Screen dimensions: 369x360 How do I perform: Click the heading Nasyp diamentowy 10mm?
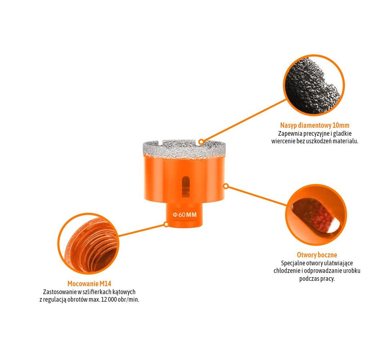pos(315,125)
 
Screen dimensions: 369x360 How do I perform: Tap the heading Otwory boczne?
pos(317,255)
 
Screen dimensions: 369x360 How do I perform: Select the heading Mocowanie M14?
pos(89,284)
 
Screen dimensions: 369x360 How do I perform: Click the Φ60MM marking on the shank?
pos(184,215)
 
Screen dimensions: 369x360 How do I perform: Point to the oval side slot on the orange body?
pos(186,186)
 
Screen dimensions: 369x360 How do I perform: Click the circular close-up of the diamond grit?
pos(314,85)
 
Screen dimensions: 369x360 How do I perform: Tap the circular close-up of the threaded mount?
pos(88,244)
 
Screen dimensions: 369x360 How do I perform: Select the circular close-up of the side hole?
pos(316,215)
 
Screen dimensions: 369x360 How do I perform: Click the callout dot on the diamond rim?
pos(201,142)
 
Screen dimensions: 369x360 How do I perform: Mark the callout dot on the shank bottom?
pos(166,225)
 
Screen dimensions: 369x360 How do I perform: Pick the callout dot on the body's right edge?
pos(226,186)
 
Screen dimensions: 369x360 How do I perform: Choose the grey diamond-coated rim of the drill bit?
pos(184,149)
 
